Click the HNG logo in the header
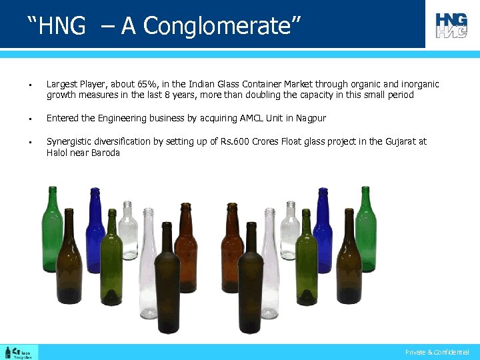click(451, 25)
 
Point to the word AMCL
click(254, 118)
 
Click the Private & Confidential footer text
click(437, 352)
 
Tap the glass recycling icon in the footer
click(19, 352)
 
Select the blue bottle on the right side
click(323, 227)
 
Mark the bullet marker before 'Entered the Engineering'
click(31, 119)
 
